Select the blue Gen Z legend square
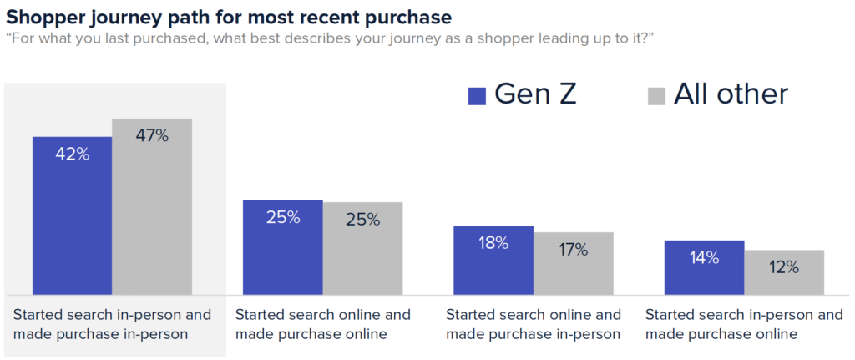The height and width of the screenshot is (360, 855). coord(477,95)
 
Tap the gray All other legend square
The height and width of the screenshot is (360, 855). coord(657,95)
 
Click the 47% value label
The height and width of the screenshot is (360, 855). coord(152,136)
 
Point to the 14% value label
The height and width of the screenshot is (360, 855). coord(704,258)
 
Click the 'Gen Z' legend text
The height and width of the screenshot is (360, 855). coord(535,94)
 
